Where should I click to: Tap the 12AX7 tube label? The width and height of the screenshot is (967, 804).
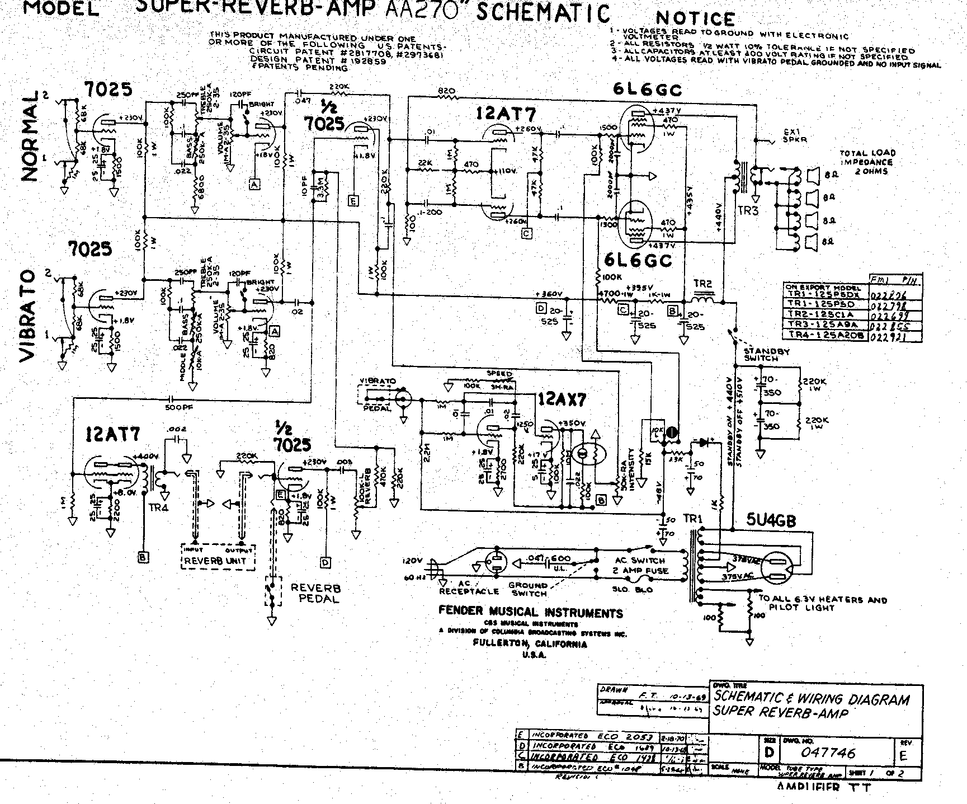[x=562, y=399]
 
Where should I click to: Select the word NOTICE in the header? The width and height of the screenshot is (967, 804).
[x=695, y=20]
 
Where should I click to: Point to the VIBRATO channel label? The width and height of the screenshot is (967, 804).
[x=28, y=316]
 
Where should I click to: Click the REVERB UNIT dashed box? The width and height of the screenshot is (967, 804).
[x=219, y=556]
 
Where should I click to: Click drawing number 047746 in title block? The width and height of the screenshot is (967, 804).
[x=828, y=753]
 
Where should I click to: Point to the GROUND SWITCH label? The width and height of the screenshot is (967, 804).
[x=527, y=589]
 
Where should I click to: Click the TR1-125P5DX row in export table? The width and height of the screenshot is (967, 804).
[x=827, y=295]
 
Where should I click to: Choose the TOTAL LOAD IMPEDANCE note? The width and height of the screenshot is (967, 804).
[x=867, y=162]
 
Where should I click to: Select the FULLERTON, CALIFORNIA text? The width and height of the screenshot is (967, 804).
[x=530, y=644]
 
